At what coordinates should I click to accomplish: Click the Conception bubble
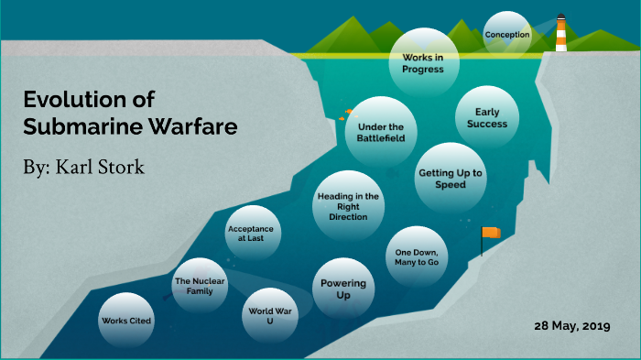pos(507,35)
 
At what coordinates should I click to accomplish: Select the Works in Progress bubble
pos(423,62)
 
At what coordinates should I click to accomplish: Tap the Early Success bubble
pos(485,118)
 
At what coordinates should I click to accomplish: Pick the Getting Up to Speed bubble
pos(451,178)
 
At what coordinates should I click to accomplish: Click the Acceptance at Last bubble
pos(251,234)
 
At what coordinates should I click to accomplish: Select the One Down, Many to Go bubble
pos(417,256)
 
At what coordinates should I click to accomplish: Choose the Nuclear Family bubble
pos(201,286)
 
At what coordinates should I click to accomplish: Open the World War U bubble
pos(270,317)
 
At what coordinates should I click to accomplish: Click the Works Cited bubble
pos(126,321)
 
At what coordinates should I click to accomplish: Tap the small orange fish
pos(349,112)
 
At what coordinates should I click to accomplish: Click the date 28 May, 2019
pos(572,327)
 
